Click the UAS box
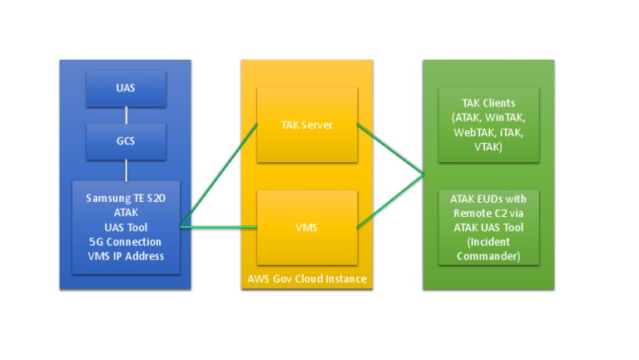click(x=126, y=87)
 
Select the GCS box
click(x=126, y=141)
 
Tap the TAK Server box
click(x=307, y=125)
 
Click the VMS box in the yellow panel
click(x=307, y=225)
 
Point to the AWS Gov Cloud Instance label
click(x=307, y=279)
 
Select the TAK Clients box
click(x=488, y=125)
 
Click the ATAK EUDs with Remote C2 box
click(x=488, y=226)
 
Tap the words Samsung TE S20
click(x=126, y=199)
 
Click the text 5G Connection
click(x=126, y=242)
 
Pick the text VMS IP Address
click(x=126, y=256)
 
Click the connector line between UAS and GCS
click(x=126, y=114)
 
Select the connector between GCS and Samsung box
click(x=126, y=170)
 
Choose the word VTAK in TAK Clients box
click(x=488, y=147)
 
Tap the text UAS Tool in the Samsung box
click(x=126, y=227)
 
